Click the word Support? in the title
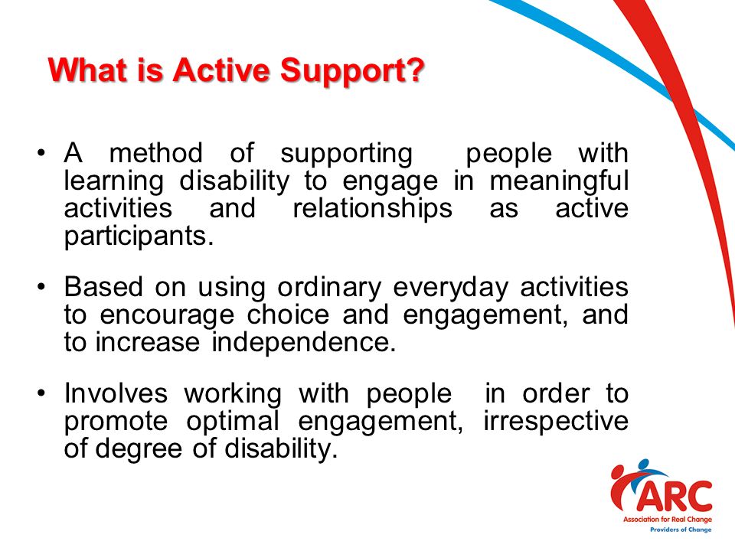352,71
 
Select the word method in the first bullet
156,153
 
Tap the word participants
139,237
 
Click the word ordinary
329,289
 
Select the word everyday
450,289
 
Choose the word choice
289,314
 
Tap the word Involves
116,393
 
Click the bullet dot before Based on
41,287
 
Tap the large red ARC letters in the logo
674,497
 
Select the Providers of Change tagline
681,530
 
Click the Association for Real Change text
668,519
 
